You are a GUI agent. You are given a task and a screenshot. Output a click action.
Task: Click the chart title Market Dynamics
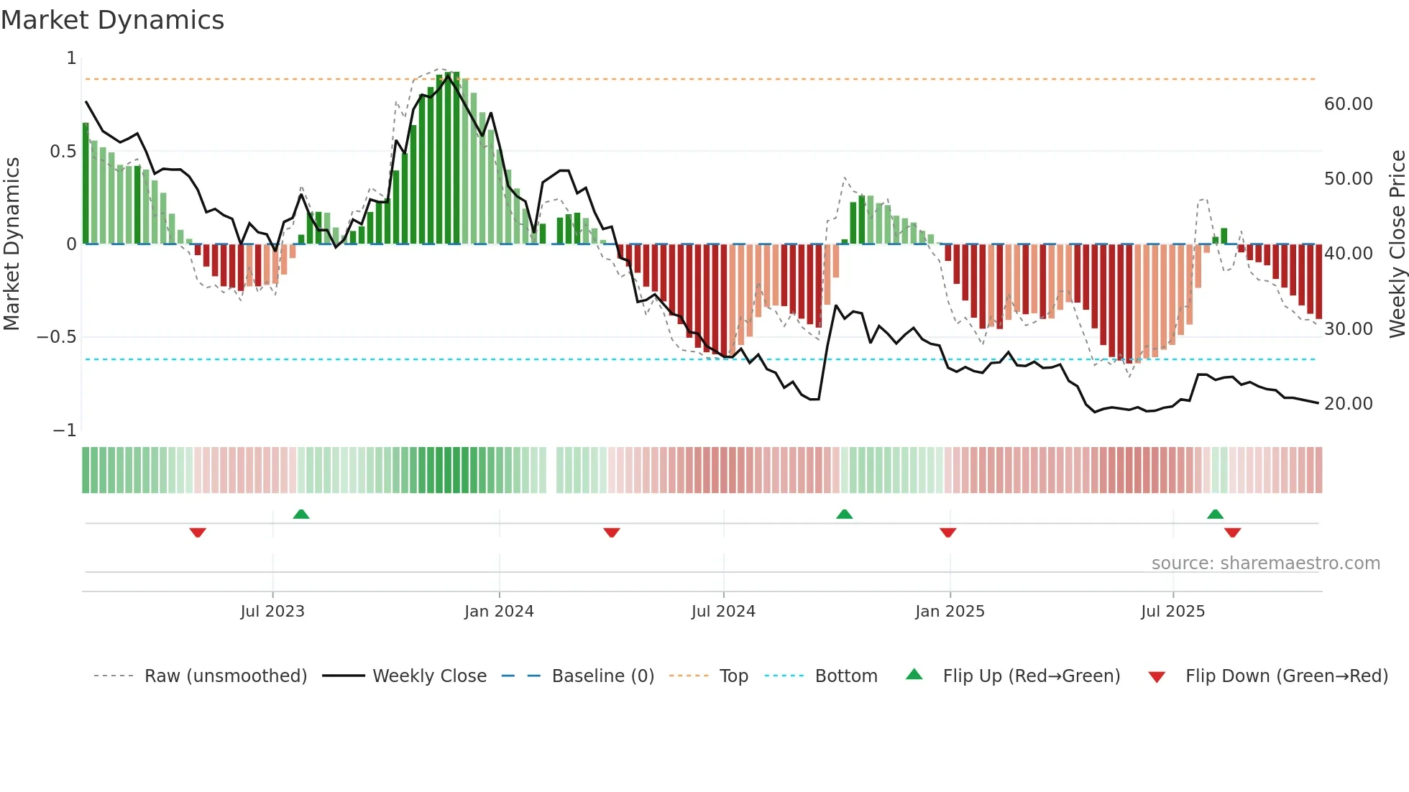coord(113,20)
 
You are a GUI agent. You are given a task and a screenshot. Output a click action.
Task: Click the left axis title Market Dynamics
coord(12,244)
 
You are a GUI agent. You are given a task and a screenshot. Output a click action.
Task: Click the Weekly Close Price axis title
coord(1397,244)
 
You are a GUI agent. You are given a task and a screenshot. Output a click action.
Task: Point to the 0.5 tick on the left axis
coord(63,152)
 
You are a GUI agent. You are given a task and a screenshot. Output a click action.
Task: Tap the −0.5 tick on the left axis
coord(57,337)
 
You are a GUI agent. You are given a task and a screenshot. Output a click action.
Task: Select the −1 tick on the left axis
coord(65,430)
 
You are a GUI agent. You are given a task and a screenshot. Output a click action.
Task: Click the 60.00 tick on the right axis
coord(1348,104)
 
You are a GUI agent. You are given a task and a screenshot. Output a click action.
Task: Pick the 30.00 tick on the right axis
coord(1348,329)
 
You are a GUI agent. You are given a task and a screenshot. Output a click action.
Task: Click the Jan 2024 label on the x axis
coord(499,612)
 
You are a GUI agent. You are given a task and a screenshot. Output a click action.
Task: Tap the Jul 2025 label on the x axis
coord(1172,612)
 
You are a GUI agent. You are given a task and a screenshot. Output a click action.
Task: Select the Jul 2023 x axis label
coord(272,612)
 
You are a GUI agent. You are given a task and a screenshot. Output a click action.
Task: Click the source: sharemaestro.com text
coord(1265,563)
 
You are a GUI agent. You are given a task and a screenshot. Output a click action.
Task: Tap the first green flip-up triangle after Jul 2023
coord(301,515)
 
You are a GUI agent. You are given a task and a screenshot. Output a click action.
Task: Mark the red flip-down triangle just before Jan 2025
coord(947,533)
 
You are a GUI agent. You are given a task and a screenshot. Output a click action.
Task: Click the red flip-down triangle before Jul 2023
coord(198,533)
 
